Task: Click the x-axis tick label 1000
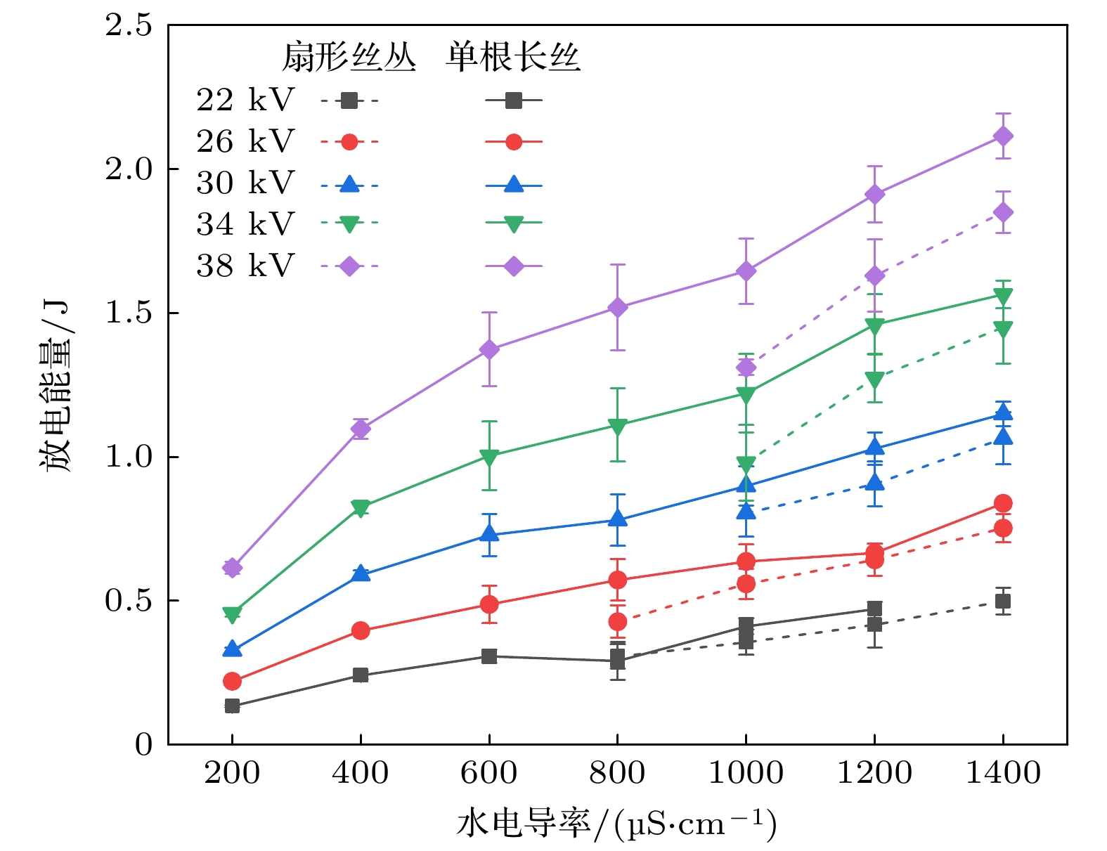tap(746, 774)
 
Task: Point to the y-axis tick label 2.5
tap(129, 25)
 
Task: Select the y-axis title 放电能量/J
tap(56, 386)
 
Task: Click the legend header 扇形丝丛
tap(349, 57)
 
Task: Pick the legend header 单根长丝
tap(513, 57)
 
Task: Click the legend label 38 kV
tap(245, 266)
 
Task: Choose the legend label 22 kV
tap(245, 100)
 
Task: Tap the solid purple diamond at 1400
tap(1003, 136)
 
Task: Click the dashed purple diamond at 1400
tap(1003, 212)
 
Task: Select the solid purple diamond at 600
tap(489, 349)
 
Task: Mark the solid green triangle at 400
tap(361, 507)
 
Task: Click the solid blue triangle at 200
tap(232, 649)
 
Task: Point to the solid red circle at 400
tap(361, 630)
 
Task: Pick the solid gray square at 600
tap(489, 656)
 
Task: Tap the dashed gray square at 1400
tap(1003, 601)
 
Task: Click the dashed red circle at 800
tap(617, 621)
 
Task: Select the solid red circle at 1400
tap(1003, 503)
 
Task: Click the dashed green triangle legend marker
tap(349, 224)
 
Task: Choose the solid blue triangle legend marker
tap(514, 185)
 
